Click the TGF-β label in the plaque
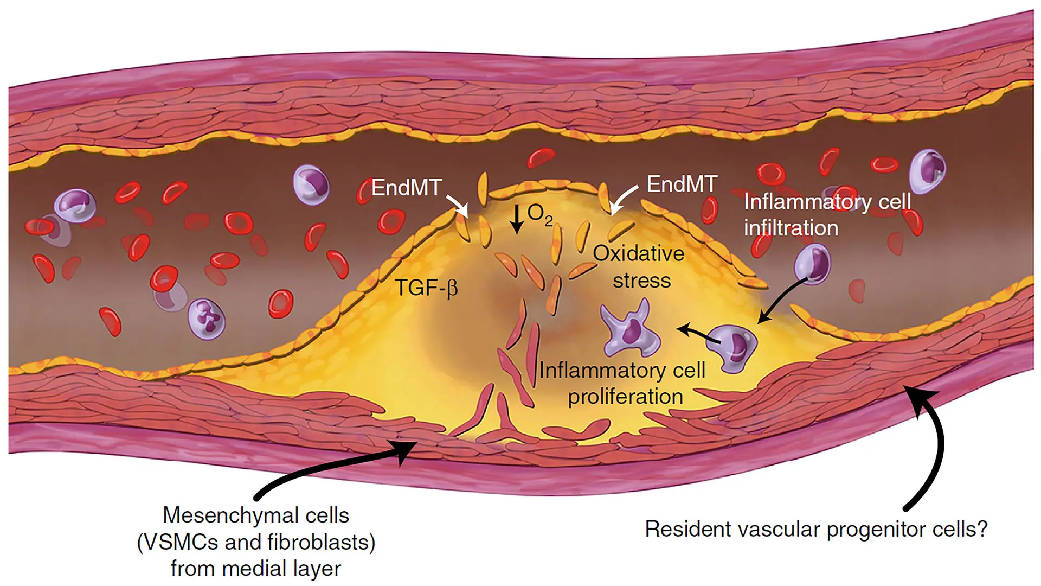click(x=427, y=288)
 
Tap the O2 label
click(x=540, y=215)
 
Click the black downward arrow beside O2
click(x=518, y=219)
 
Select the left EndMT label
click(x=406, y=188)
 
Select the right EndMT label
click(x=682, y=184)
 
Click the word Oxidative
click(x=638, y=253)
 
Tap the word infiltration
click(x=791, y=228)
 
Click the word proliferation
click(x=625, y=397)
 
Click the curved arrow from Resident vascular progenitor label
click(x=933, y=450)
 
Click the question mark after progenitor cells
click(x=981, y=529)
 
